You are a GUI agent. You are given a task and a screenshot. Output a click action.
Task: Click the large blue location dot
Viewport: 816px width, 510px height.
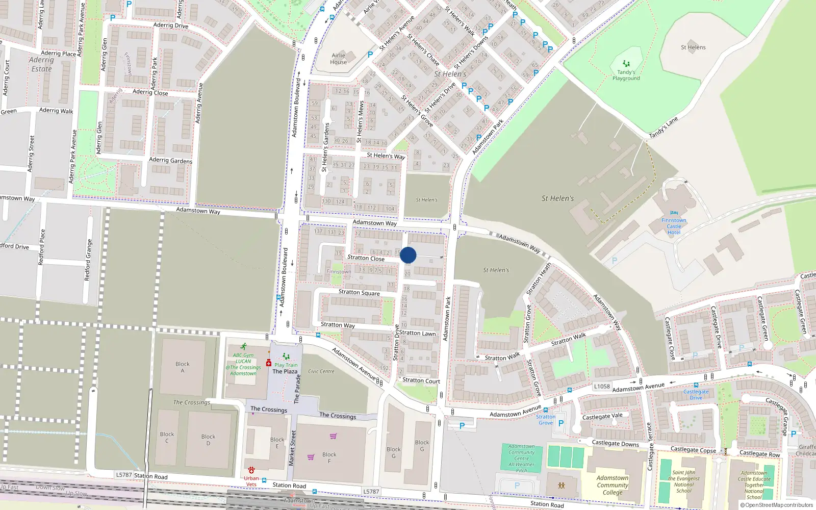[408, 255]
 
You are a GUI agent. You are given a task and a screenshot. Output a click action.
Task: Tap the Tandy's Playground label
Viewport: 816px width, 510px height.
[626, 75]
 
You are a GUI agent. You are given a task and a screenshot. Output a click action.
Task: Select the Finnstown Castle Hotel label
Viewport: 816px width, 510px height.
[674, 226]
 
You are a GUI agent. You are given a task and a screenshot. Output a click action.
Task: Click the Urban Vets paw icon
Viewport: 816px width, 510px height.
[251, 470]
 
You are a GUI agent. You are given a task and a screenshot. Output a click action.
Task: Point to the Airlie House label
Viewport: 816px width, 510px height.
[339, 59]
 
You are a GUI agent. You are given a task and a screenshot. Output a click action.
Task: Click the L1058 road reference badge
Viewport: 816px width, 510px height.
[602, 386]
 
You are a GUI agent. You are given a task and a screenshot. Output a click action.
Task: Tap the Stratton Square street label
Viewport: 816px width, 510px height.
[359, 292]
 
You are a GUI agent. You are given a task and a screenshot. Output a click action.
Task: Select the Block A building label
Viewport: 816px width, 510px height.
[182, 367]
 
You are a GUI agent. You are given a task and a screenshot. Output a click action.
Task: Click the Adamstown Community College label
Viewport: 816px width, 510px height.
[613, 485]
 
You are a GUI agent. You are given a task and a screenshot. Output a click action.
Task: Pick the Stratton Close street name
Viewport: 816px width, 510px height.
[366, 258]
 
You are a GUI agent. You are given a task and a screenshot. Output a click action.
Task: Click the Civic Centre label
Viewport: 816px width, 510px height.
[321, 371]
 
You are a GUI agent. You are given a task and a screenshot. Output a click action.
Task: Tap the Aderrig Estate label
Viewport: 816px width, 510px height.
[41, 64]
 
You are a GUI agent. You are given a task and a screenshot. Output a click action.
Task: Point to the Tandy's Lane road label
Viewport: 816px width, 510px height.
[663, 128]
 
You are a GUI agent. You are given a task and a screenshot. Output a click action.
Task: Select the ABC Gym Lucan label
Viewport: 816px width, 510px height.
[243, 364]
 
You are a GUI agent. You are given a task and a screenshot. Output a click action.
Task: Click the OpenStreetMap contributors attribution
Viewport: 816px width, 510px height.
[779, 505]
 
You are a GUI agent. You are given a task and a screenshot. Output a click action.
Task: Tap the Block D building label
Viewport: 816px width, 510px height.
[208, 440]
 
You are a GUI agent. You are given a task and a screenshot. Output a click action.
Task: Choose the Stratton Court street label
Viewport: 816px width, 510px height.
[421, 380]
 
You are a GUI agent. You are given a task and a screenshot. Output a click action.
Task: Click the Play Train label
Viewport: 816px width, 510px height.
[286, 365]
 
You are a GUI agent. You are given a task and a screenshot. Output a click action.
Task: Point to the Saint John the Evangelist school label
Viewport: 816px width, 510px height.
[683, 481]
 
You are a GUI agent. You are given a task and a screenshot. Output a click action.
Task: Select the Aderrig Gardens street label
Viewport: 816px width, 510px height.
[170, 160]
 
